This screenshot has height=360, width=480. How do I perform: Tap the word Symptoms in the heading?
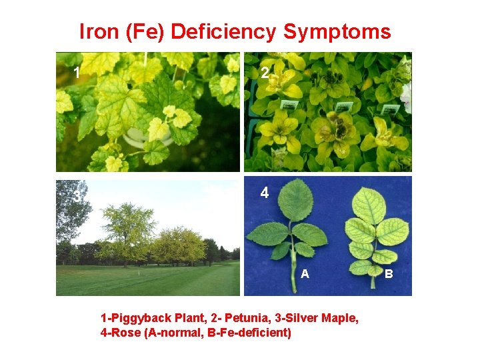337,31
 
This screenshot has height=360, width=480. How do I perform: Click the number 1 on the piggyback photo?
77,73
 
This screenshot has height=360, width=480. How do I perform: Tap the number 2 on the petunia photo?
265,73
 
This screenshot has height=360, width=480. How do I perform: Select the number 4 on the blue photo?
265,193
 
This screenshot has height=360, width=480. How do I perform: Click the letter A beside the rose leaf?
305,273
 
